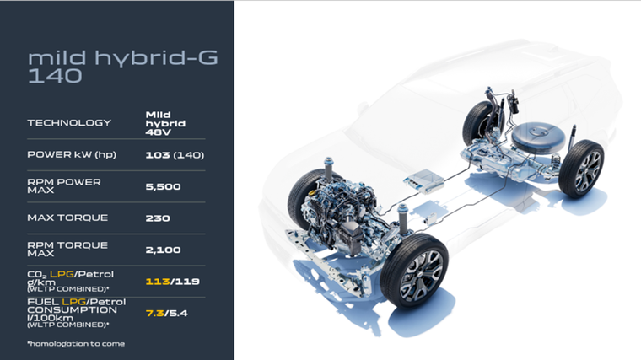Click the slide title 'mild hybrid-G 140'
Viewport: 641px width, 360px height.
click(122, 67)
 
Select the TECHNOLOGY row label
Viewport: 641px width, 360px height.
click(69, 122)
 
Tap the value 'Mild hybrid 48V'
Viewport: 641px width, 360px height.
click(165, 123)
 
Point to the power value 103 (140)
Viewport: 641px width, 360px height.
click(175, 155)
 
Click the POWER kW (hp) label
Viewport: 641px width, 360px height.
click(72, 154)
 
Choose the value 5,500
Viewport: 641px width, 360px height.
click(163, 186)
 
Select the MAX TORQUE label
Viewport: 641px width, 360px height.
click(67, 218)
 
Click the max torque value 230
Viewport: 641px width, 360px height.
click(158, 218)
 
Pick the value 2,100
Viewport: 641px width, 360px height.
click(163, 250)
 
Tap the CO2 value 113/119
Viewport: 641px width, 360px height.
click(173, 282)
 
